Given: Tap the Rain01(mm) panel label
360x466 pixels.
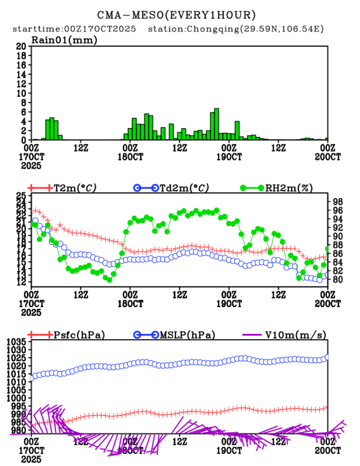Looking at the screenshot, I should tap(64, 40).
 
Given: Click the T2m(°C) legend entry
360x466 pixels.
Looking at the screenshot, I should tap(74, 188).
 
